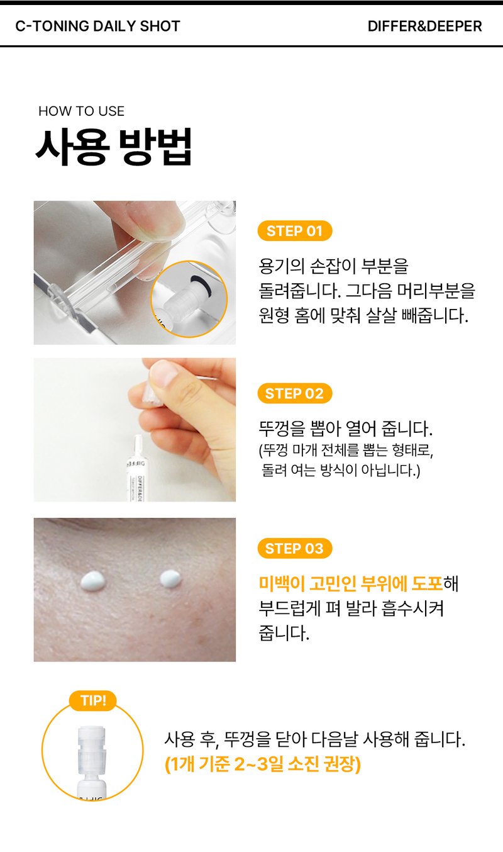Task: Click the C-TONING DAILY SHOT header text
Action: [x=97, y=26]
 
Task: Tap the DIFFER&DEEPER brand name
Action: [x=424, y=26]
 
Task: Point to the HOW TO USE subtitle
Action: [x=81, y=111]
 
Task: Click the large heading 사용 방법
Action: [x=114, y=147]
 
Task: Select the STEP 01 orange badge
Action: [x=295, y=231]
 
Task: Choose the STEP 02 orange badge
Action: [x=295, y=393]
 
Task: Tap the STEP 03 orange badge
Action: [x=295, y=549]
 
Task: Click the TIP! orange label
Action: [x=93, y=700]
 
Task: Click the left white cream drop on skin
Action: [x=94, y=581]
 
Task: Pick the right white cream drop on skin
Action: [x=170, y=578]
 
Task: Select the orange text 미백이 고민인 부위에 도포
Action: [x=351, y=583]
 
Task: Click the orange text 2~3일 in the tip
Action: [x=259, y=764]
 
